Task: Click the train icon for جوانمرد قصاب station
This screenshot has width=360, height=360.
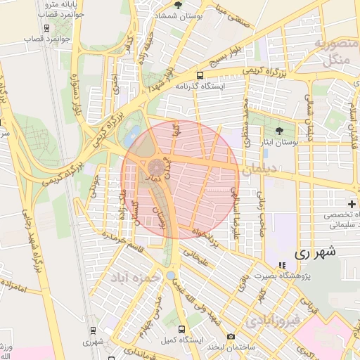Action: click(x=47, y=29)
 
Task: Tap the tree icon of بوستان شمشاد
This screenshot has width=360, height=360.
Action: click(x=177, y=6)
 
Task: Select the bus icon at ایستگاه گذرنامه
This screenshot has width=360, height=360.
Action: click(x=200, y=75)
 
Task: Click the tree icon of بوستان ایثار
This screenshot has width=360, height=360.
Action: click(x=279, y=131)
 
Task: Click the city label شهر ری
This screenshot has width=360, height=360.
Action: click(x=314, y=252)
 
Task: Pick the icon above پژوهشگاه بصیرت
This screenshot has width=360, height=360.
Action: click(x=282, y=266)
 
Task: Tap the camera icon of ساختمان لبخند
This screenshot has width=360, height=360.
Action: click(x=231, y=336)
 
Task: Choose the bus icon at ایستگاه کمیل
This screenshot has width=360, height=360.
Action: click(x=182, y=329)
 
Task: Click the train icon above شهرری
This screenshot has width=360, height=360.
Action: click(x=93, y=330)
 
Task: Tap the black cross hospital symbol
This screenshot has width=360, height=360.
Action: click(x=352, y=203)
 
